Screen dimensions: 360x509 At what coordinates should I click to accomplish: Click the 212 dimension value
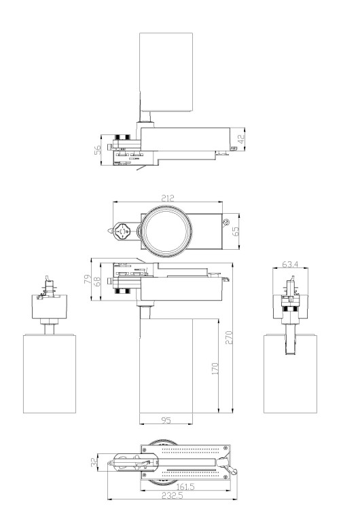pyautogui.click(x=168, y=197)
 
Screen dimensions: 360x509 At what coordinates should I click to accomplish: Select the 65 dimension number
pyautogui.click(x=236, y=231)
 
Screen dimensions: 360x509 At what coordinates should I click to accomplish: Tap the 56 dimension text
pyautogui.click(x=98, y=150)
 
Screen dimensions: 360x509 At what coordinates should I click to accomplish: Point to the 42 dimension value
pyautogui.click(x=240, y=139)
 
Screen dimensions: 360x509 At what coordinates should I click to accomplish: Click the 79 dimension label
pyautogui.click(x=88, y=279)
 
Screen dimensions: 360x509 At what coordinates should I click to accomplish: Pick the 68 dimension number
pyautogui.click(x=97, y=281)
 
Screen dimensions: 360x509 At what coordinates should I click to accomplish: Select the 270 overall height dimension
pyautogui.click(x=229, y=337)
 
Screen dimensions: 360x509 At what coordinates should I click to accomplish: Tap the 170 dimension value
pyautogui.click(x=215, y=369)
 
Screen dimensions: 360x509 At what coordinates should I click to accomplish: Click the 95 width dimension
pyautogui.click(x=166, y=420)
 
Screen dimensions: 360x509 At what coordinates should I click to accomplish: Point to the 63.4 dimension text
pyautogui.click(x=290, y=264)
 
